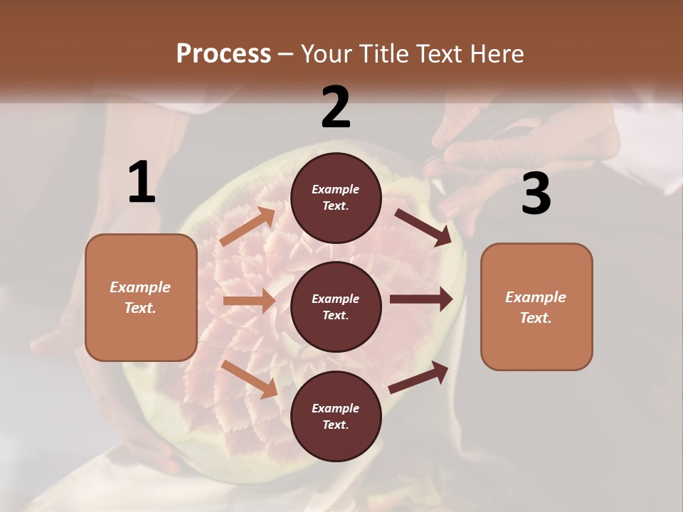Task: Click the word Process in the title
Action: coord(223,54)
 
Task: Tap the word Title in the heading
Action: coord(384,54)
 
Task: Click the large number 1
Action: coord(142,182)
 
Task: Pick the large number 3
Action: coord(536,194)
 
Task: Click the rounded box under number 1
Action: coord(141,297)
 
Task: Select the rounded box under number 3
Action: coord(536,307)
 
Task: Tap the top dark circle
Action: coord(336,198)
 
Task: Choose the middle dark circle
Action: coord(336,306)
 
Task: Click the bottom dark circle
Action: coord(336,416)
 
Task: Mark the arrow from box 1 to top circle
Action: coord(248,227)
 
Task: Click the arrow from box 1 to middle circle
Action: coord(249,301)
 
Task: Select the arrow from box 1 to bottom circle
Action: coord(250,378)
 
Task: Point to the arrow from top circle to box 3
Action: coord(423,227)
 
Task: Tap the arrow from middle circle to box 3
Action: coord(421,299)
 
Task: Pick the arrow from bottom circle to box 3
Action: coord(419,377)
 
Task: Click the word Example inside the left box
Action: coord(140,287)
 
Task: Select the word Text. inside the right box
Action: coord(536,318)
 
